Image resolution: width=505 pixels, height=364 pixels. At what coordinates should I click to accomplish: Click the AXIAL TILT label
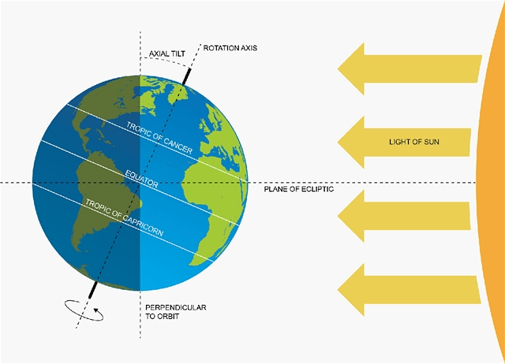coord(167,55)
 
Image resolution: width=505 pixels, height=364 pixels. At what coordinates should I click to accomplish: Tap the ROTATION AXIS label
coord(230,48)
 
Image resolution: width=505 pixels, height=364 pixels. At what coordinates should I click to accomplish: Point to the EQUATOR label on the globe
coord(143,178)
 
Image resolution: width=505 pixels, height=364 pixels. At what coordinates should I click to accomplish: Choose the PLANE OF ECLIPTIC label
coord(299,190)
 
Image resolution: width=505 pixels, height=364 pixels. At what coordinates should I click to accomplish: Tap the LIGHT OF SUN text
coord(413,143)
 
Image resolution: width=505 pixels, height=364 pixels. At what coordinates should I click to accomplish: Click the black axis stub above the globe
coord(187,75)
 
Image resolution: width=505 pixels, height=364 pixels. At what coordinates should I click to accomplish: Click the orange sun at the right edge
coord(493,181)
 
